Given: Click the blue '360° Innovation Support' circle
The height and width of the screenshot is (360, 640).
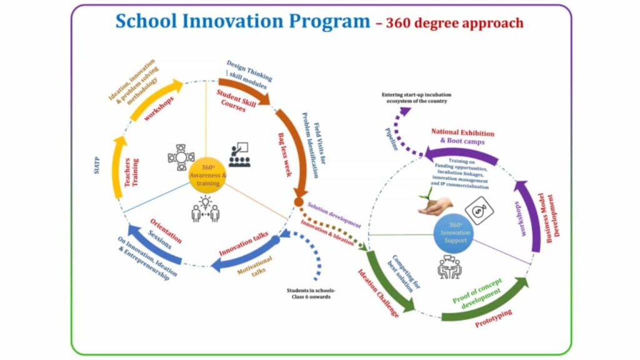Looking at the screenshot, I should (455, 233).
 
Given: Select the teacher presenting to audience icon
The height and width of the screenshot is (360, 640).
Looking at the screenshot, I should (238, 155).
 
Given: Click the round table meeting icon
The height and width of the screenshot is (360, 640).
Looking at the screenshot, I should (181, 157).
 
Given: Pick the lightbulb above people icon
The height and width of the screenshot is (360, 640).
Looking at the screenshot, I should (206, 207).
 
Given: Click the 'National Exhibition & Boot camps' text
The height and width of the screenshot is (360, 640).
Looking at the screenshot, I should (462, 137).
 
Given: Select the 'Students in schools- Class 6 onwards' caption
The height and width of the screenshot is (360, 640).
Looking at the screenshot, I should (311, 294).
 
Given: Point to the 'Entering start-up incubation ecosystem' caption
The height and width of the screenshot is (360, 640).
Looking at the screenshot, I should (417, 98).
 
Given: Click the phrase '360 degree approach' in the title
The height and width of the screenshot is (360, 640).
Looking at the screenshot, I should (455, 23).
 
